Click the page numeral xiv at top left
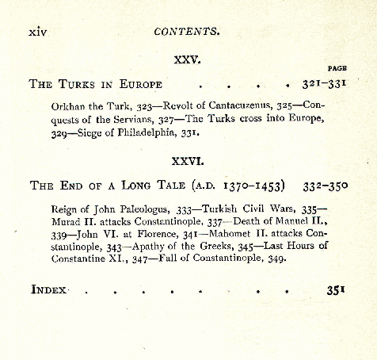click(40, 32)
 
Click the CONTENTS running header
click(187, 32)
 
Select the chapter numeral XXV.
click(188, 59)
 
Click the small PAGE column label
click(337, 69)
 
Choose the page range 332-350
click(325, 186)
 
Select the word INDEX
click(49, 289)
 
